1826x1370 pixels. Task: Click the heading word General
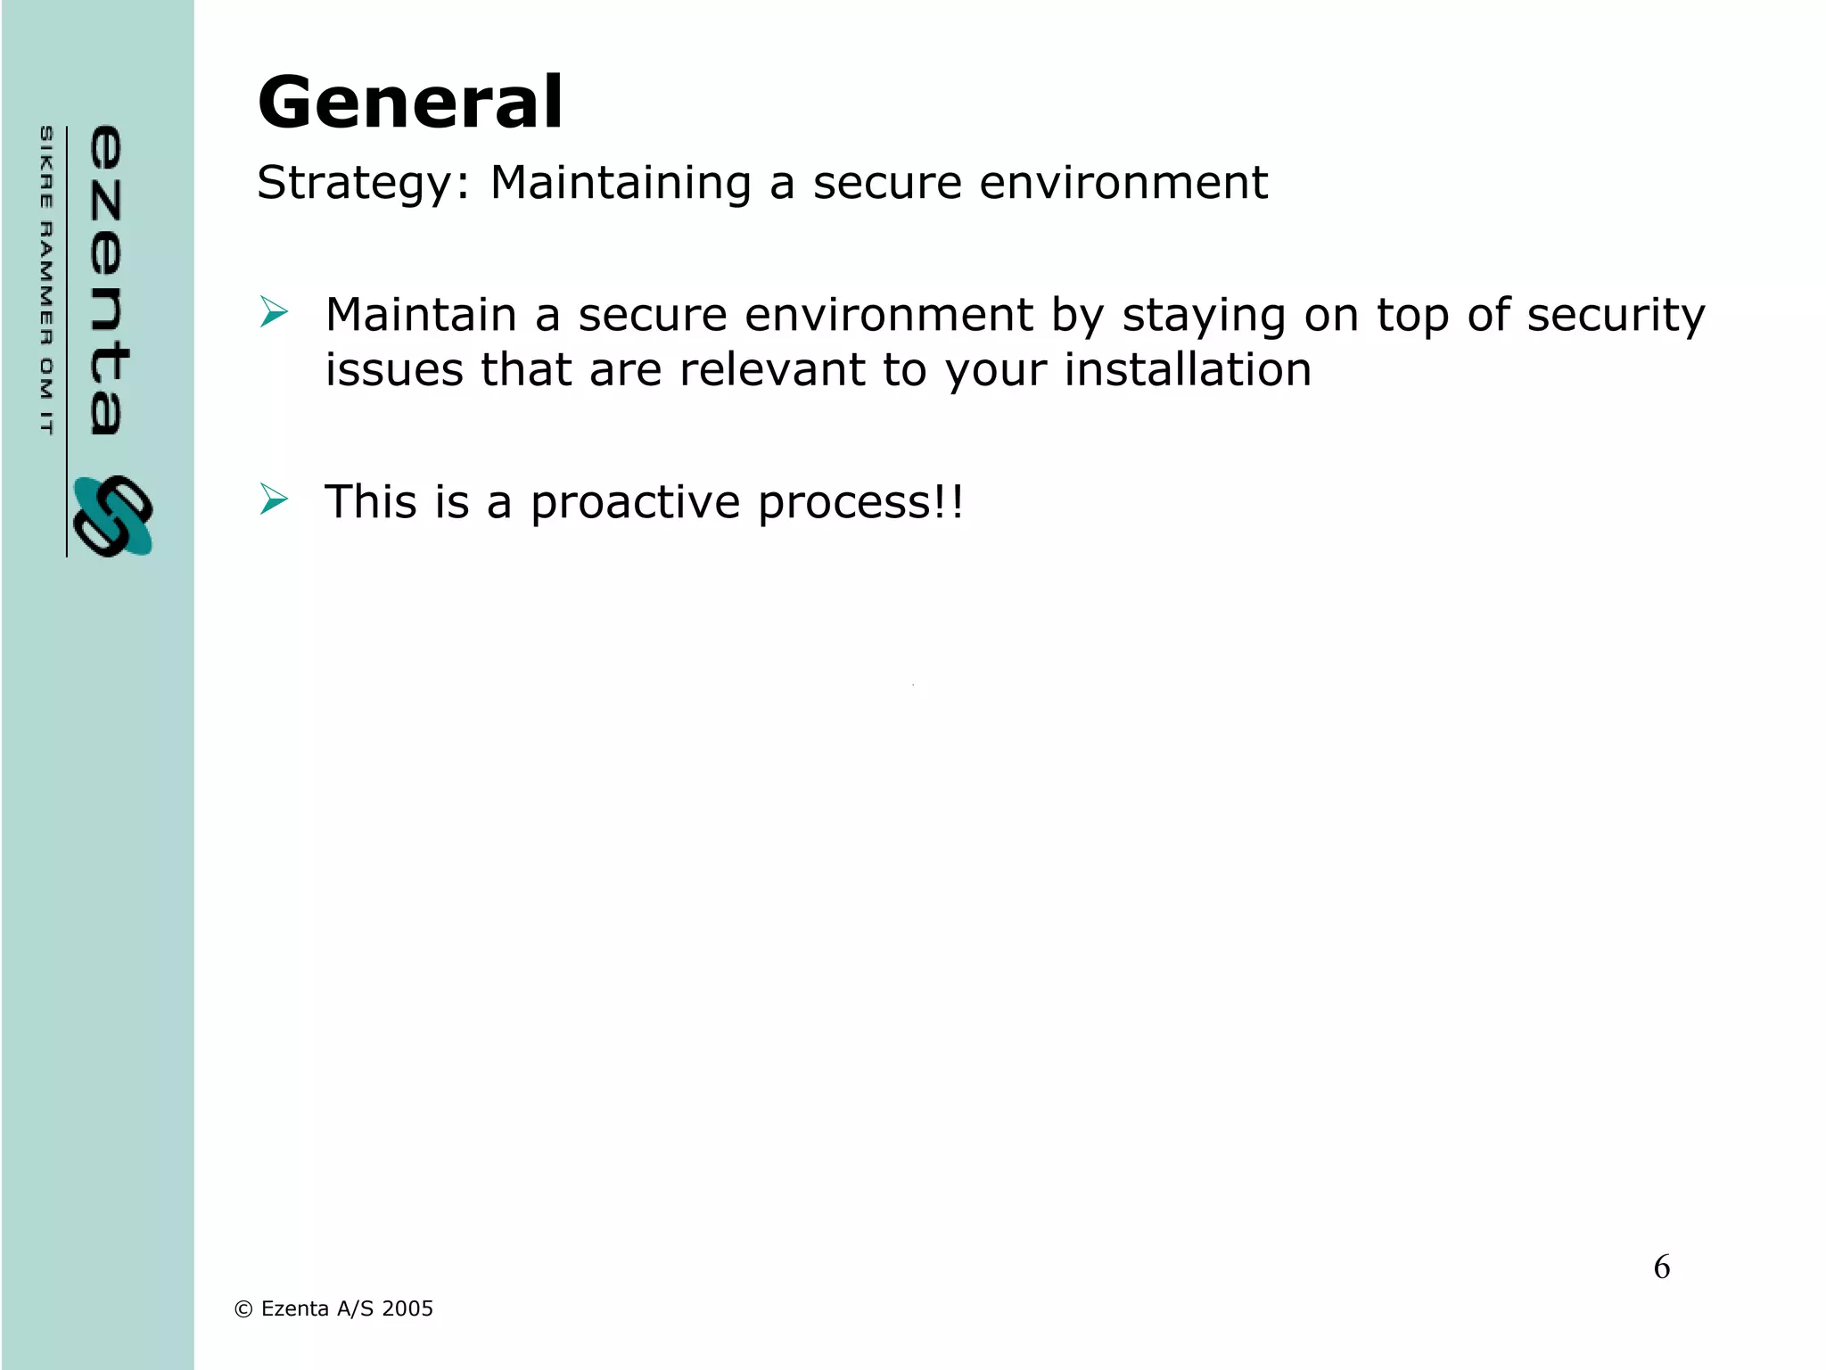(x=410, y=103)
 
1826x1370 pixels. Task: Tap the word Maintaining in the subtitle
(x=621, y=184)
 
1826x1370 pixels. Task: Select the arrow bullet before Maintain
(x=274, y=313)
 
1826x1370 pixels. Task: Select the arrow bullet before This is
(x=274, y=499)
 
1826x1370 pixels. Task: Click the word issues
(x=394, y=370)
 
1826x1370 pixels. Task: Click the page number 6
(x=1662, y=1267)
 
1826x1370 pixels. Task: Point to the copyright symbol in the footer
(x=243, y=1309)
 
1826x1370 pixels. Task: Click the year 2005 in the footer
(x=407, y=1308)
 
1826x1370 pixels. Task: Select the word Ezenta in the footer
(x=294, y=1308)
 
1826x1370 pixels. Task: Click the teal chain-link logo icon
(x=113, y=516)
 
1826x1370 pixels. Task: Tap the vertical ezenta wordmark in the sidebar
(x=107, y=280)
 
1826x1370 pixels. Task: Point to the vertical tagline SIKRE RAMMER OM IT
(x=46, y=280)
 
